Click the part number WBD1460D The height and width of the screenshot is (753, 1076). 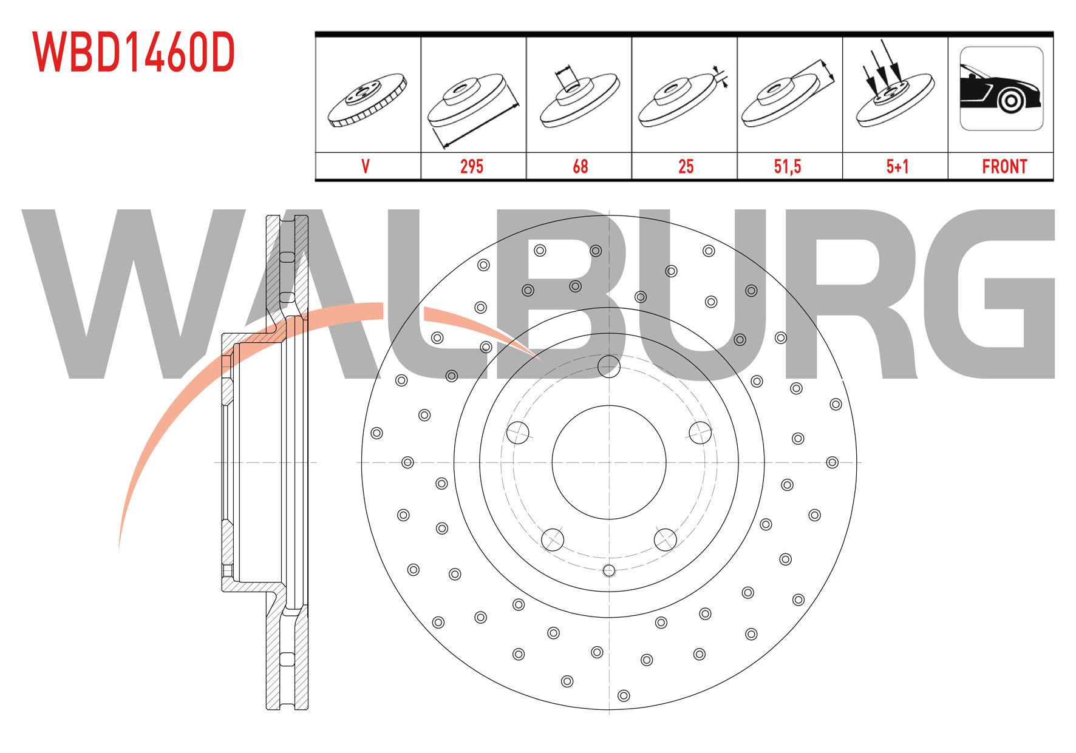[x=134, y=52]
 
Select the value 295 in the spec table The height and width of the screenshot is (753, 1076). [x=472, y=166]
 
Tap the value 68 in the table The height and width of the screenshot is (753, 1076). [x=580, y=166]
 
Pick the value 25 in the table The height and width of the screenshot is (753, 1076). [x=686, y=166]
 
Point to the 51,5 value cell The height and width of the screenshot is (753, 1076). [x=788, y=166]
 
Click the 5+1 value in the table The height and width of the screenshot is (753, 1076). [x=896, y=166]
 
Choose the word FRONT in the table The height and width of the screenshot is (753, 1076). [x=1004, y=166]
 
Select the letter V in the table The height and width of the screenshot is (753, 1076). [x=366, y=166]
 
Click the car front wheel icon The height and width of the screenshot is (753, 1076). [x=1001, y=89]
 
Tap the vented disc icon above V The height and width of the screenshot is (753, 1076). [x=367, y=100]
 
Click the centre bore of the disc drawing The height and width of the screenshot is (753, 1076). [x=609, y=462]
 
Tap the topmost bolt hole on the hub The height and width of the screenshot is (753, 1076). [x=608, y=366]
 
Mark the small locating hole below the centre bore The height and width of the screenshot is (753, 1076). [x=609, y=570]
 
